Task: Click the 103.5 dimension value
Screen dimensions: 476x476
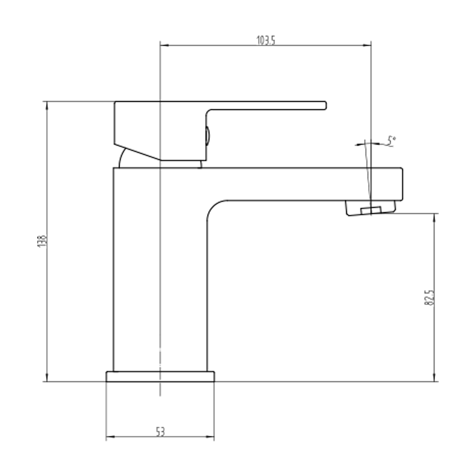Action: point(266,40)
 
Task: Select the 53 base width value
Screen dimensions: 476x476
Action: point(160,432)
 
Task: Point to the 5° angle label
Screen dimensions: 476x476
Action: point(391,140)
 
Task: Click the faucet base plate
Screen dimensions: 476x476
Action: point(160,377)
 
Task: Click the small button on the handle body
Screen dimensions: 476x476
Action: point(207,135)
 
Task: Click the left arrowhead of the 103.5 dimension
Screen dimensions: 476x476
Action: point(164,46)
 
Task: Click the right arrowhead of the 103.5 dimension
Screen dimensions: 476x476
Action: point(367,46)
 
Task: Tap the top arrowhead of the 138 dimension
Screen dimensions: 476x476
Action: point(47,106)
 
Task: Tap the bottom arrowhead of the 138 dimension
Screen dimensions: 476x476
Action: point(47,377)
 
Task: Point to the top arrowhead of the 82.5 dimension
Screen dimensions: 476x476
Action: point(435,218)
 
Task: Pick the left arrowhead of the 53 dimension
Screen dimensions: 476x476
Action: point(110,437)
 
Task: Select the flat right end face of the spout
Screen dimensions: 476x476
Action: point(402,183)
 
